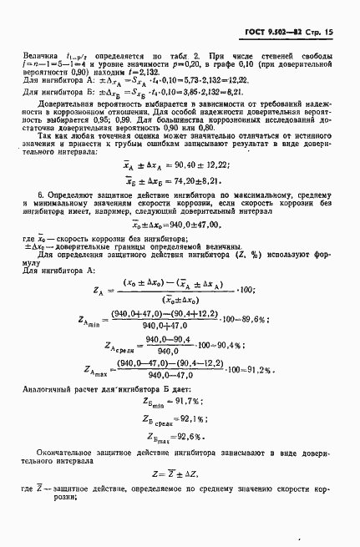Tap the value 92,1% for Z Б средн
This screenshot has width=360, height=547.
point(204,442)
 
